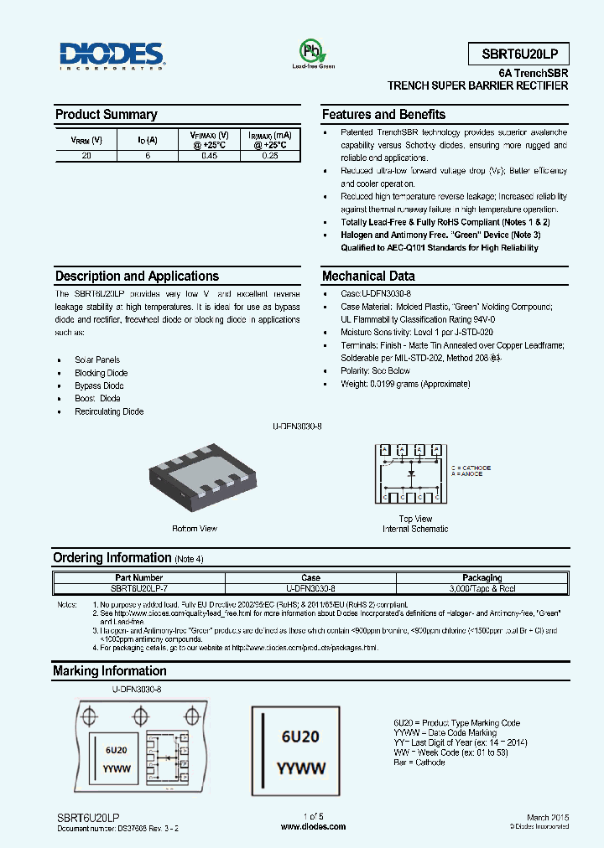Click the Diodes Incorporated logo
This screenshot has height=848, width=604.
coord(112,55)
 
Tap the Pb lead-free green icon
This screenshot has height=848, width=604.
coord(313,51)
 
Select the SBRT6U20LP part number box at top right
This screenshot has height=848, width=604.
coord(518,54)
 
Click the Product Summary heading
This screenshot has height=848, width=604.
coord(106,115)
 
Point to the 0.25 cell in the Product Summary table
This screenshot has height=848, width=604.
coord(269,156)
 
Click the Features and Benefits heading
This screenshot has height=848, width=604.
coord(383,115)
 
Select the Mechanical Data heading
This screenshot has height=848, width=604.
coord(367,277)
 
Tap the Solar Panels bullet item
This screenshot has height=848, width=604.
coord(97,359)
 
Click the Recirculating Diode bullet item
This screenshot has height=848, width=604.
coord(109,411)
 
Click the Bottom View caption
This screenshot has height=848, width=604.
coord(195,529)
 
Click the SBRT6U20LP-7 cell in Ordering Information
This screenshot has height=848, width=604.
coord(137,588)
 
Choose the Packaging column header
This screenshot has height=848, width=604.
coord(482,577)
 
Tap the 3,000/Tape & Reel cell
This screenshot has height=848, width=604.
coord(482,588)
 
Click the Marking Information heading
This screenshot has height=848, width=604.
coord(109,671)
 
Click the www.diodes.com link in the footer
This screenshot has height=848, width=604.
coord(313,826)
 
